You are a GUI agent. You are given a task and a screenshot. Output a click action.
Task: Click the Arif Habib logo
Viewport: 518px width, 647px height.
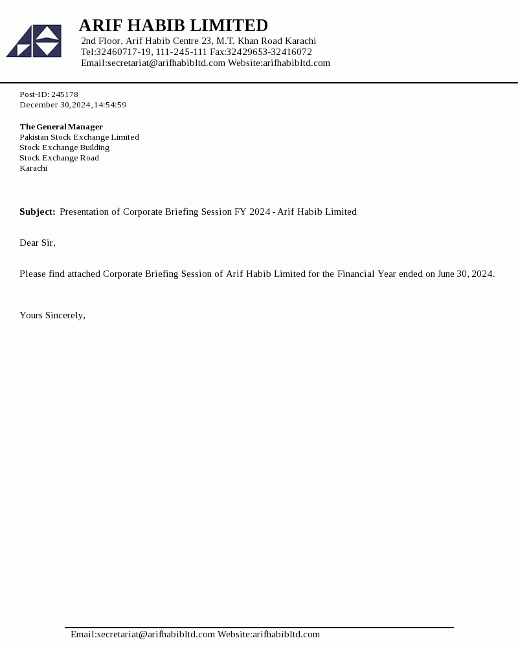point(34,41)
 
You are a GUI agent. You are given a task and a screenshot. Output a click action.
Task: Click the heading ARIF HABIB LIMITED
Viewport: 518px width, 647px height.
point(173,26)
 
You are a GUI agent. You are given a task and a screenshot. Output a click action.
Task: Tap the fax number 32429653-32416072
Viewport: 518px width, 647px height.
point(269,52)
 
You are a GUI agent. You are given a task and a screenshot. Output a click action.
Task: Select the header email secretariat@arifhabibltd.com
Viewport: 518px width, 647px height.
point(166,63)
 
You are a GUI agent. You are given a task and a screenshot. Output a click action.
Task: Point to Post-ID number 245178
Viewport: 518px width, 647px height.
point(65,94)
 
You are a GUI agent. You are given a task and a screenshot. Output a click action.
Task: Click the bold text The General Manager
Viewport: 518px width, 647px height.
point(61,127)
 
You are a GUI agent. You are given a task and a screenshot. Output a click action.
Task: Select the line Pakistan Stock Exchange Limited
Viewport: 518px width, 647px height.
point(79,137)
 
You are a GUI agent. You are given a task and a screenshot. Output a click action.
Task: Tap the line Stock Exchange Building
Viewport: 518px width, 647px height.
point(64,148)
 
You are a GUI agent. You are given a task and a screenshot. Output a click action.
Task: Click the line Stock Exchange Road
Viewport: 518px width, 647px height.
point(59,158)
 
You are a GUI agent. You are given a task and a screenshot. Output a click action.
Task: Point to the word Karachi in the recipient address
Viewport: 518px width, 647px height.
point(33,168)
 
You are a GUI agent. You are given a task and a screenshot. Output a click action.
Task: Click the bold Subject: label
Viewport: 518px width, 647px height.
point(38,212)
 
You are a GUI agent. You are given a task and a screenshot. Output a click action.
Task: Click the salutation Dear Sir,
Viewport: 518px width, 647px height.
point(38,243)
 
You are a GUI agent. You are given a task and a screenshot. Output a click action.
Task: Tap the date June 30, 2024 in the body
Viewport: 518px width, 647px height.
point(466,274)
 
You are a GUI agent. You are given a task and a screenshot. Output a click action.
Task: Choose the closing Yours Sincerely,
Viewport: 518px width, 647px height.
point(52,316)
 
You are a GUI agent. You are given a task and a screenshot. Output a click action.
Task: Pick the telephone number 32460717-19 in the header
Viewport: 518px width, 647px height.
point(124,52)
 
